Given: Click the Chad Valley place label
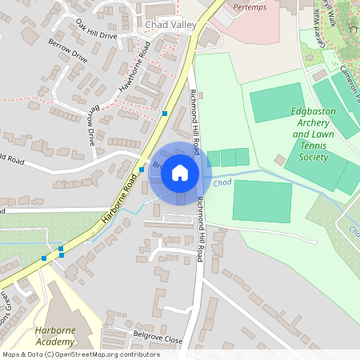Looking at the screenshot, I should pyautogui.click(x=170, y=25).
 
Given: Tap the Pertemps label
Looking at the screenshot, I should pyautogui.click(x=249, y=6).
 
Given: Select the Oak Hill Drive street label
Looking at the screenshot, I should pyautogui.click(x=96, y=30).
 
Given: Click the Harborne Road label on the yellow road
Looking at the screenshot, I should pyautogui.click(x=121, y=199).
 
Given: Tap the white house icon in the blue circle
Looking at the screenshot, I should pyautogui.click(x=180, y=172).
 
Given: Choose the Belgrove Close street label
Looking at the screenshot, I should pyautogui.click(x=158, y=339).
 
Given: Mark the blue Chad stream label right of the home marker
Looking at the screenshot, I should pyautogui.click(x=223, y=183).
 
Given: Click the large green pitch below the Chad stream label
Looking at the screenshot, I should pyautogui.click(x=262, y=201).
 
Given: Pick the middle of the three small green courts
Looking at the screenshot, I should pyautogui.click(x=228, y=158).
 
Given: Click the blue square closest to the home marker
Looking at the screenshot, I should pyautogui.click(x=142, y=170).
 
